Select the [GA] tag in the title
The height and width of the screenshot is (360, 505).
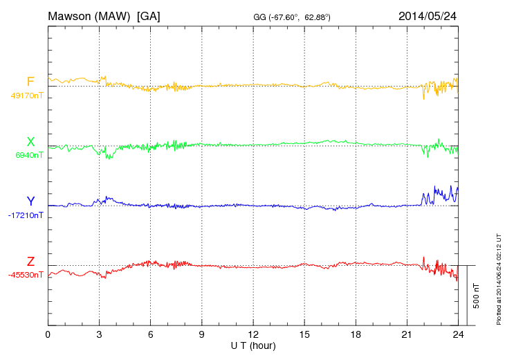149,15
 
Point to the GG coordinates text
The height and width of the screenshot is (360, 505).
292,16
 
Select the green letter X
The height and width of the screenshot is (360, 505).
30,142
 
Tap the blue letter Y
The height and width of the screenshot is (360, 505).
30,201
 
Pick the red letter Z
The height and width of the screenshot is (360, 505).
30,262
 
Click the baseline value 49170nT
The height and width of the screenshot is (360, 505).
26,96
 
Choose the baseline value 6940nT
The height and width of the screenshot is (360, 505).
28,155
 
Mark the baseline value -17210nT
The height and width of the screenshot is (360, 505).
26,215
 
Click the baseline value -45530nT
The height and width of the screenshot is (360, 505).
26,275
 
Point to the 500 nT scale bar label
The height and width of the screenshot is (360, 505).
477,296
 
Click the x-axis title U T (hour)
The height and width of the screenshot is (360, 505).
253,345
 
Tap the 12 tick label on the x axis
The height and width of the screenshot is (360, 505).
253,334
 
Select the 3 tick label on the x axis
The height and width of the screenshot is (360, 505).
99,334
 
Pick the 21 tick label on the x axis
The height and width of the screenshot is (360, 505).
407,334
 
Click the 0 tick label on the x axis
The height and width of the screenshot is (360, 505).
48,334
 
